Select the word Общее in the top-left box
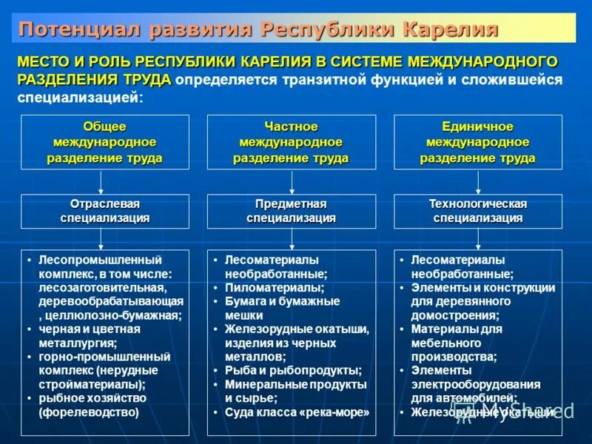coord(104,127)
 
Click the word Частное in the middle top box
coord(291,127)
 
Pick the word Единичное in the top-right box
coord(477,127)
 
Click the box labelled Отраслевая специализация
coord(104,211)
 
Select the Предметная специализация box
coord(291,211)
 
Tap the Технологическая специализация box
coord(477,211)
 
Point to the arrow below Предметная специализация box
coord(291,238)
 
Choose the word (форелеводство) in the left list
coord(89,412)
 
